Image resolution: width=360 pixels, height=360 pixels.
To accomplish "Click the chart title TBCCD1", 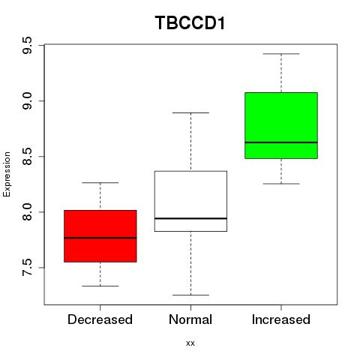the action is [x=190, y=22].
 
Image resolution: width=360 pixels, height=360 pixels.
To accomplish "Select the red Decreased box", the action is [x=100, y=236].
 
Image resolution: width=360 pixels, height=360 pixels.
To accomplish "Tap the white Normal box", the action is [x=190, y=201].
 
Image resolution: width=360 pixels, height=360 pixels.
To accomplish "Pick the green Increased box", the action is [x=281, y=125].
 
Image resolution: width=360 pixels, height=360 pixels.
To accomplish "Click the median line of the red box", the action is [x=100, y=238].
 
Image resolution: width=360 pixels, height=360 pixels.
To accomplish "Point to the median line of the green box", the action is [x=281, y=142].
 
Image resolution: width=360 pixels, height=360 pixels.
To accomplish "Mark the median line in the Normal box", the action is [x=190, y=218].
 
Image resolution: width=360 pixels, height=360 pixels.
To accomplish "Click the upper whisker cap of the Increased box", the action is [x=281, y=54].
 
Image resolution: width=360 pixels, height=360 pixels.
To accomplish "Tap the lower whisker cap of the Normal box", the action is [x=190, y=295].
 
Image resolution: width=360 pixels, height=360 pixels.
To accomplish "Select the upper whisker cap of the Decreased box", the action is [x=100, y=183].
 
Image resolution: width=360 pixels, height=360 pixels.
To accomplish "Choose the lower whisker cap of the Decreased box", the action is [x=100, y=286].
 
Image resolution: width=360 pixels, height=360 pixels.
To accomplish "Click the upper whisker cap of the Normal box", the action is [x=190, y=112].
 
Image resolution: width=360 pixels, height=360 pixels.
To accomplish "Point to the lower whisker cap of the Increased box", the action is [x=281, y=184].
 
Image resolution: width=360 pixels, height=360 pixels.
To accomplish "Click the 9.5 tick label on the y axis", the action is [x=27, y=45].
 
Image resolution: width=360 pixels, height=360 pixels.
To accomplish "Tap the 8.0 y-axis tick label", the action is [x=27, y=212].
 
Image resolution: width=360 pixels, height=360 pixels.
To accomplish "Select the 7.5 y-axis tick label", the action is [x=27, y=268].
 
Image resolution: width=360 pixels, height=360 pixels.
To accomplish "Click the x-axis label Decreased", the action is [x=100, y=319].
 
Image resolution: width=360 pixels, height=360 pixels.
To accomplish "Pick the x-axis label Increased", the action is [x=281, y=319].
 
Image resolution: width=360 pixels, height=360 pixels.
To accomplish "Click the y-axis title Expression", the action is [x=7, y=174].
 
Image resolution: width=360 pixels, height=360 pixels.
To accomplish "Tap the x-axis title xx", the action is [x=190, y=343].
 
